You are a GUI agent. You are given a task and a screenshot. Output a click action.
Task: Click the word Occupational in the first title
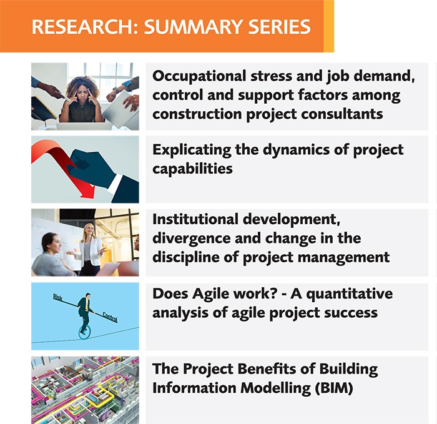199,76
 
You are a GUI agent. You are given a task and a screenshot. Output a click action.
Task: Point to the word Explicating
192,150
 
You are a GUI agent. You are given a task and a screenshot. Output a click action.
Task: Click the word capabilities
192,169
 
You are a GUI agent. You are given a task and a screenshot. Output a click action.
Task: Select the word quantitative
350,294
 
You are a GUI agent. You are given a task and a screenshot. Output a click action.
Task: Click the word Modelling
275,388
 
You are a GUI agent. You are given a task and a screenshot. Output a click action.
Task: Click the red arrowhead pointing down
88,192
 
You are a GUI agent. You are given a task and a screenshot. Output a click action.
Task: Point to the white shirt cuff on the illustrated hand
115,184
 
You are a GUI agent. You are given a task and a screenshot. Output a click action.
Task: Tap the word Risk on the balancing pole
58,297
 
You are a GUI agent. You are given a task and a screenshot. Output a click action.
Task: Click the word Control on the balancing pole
110,317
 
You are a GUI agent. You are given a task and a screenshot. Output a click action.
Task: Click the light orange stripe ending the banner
329,26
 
